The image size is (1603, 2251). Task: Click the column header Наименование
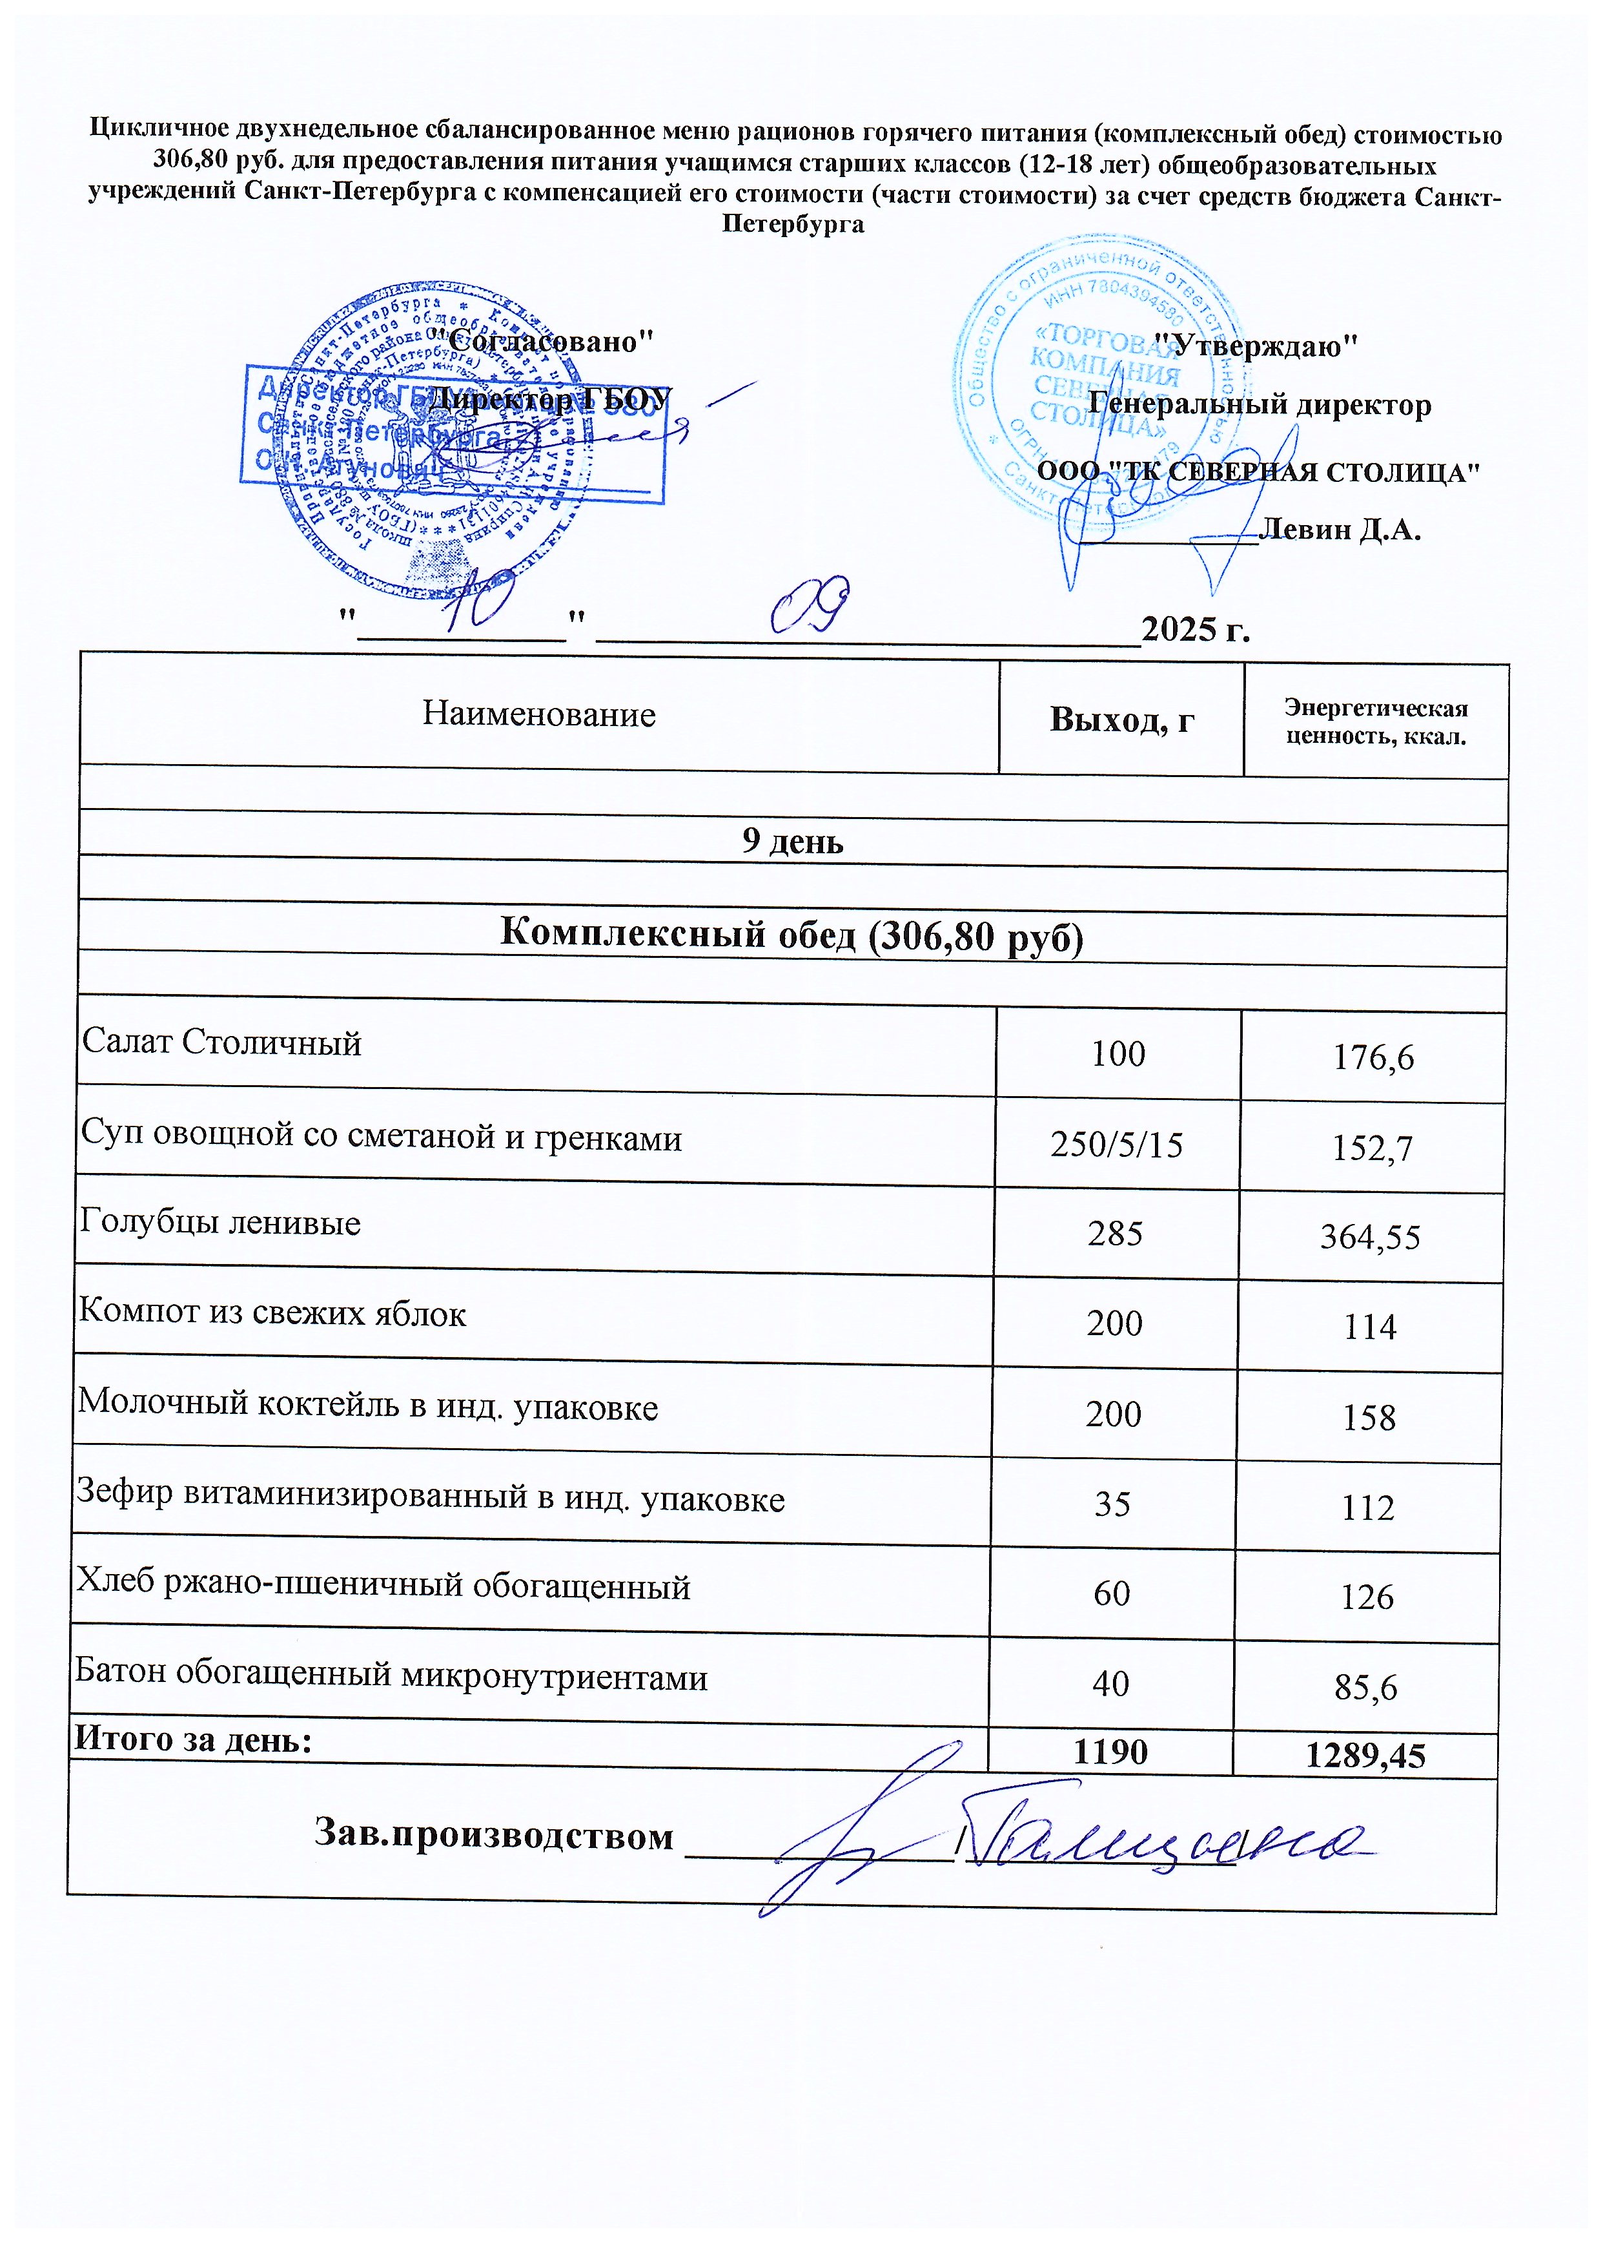tap(539, 714)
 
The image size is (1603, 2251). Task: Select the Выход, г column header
tap(1121, 720)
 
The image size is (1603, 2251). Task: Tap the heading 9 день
tap(793, 841)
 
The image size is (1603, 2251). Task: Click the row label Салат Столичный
tap(222, 1043)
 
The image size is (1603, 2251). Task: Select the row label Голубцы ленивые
tap(220, 1223)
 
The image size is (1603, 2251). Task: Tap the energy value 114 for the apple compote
tap(1369, 1327)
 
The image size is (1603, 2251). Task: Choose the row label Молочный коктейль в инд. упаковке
tap(367, 1406)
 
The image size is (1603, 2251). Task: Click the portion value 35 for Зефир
tap(1112, 1504)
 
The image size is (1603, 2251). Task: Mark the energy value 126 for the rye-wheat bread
tap(1367, 1597)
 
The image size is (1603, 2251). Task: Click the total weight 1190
tap(1110, 1752)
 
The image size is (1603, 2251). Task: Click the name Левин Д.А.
tap(1342, 530)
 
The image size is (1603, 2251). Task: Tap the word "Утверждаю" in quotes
tap(1256, 347)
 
